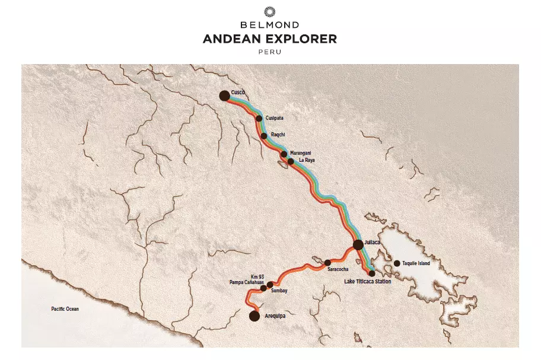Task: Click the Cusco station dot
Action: (224, 95)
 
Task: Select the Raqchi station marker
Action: (264, 136)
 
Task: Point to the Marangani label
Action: (301, 154)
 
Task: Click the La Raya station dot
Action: (291, 161)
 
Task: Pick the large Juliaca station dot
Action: (358, 244)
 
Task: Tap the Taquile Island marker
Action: (397, 263)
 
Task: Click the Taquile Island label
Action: (415, 263)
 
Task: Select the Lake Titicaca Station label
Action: (368, 281)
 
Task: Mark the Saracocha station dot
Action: (327, 262)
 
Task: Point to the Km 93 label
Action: (257, 277)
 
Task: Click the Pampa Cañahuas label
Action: (246, 283)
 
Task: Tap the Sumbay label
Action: (279, 291)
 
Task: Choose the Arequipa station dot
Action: (254, 316)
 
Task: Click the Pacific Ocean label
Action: (65, 309)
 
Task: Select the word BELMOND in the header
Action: (270, 26)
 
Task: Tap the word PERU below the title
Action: (270, 52)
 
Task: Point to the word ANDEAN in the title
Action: (232, 39)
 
